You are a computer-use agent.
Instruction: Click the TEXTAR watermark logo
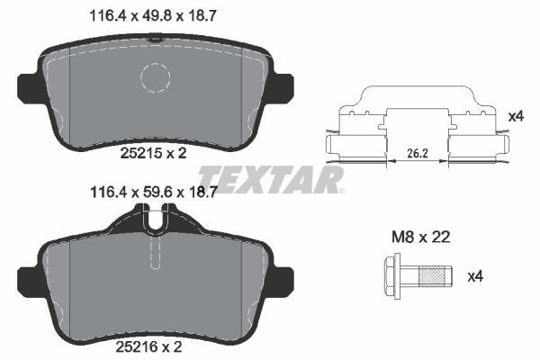pos(270,177)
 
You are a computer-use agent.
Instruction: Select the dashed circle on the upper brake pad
pos(161,80)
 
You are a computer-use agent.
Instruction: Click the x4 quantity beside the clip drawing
pos(516,117)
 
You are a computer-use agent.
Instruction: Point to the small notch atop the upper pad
pos(155,38)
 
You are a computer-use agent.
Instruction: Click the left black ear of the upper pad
pos(29,86)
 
